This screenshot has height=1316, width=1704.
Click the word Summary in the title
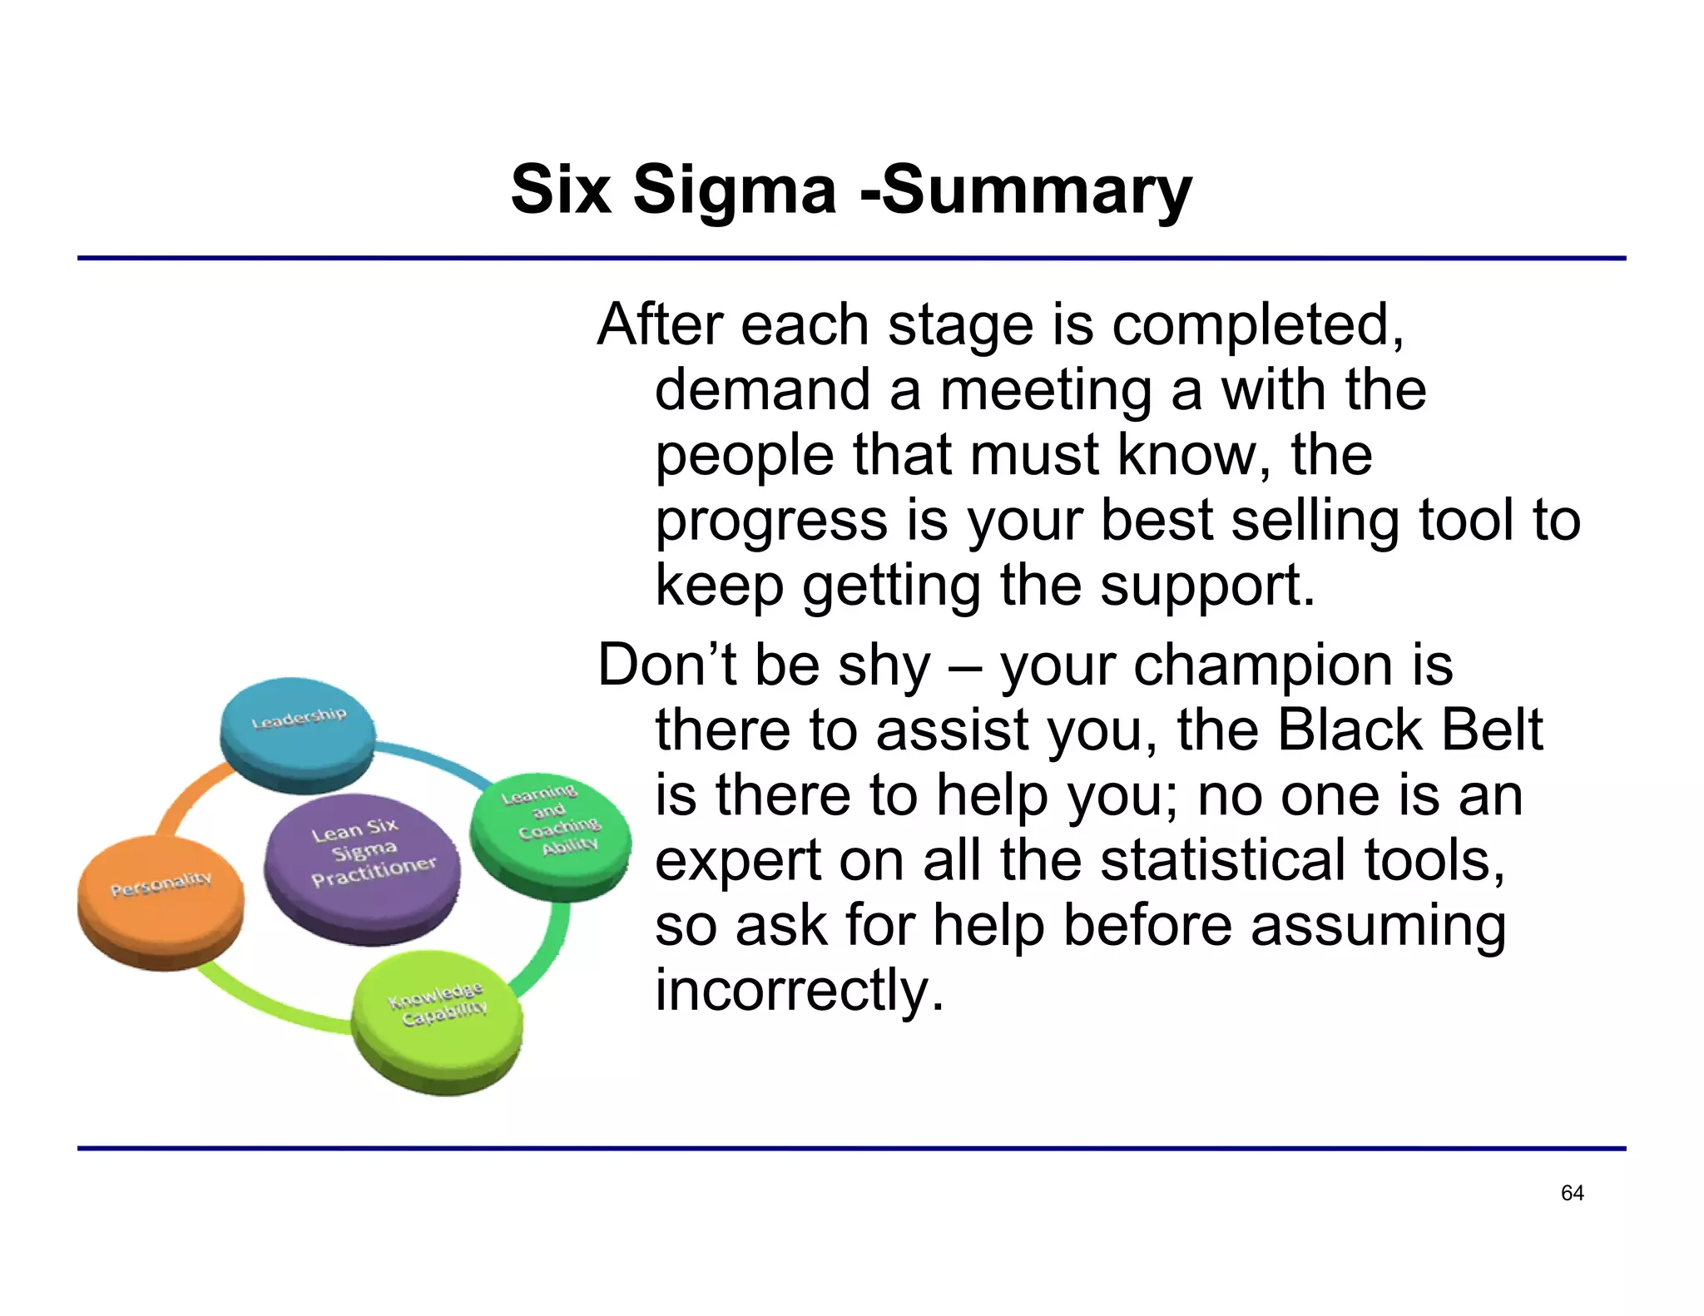[x=1036, y=190]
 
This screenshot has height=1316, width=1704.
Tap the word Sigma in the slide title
[x=734, y=190]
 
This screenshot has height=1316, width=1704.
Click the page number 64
[x=1572, y=1193]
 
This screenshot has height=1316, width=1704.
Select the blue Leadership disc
[x=297, y=733]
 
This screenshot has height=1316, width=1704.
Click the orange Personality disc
[x=161, y=901]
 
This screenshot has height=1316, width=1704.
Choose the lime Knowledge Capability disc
[x=437, y=1019]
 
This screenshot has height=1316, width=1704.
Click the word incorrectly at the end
[x=799, y=990]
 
